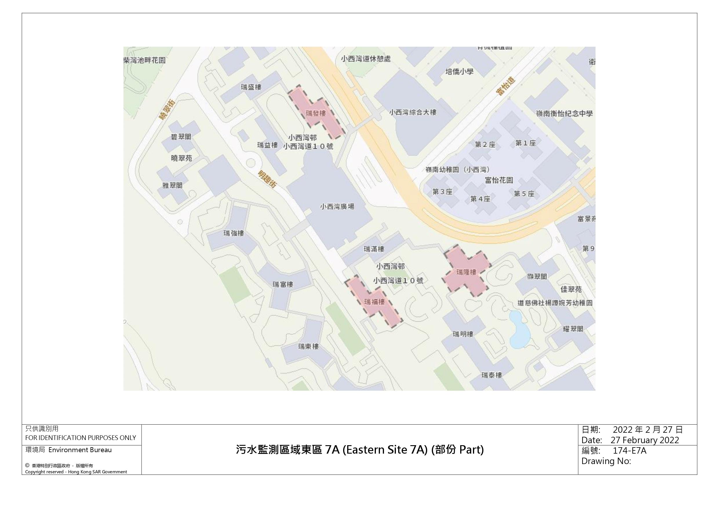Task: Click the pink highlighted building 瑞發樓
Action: pos(316,113)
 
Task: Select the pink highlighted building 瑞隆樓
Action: pos(466,272)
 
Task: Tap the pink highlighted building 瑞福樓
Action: pos(374,302)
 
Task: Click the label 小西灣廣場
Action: pos(337,206)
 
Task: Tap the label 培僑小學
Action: pos(459,72)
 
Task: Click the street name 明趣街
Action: pos(267,179)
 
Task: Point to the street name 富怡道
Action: pos(505,86)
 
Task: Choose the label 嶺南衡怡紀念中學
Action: pos(564,113)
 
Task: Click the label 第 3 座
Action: pos(442,191)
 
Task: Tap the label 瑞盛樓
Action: pos(251,87)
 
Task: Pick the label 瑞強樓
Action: pos(234,233)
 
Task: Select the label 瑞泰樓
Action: pos(492,375)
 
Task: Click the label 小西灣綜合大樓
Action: pos(413,112)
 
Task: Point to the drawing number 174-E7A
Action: pos(629,450)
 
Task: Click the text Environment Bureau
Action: pos(80,450)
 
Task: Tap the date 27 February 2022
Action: pos(645,440)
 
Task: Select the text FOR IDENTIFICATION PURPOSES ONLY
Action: pos(81,438)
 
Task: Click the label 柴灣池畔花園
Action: pos(145,60)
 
